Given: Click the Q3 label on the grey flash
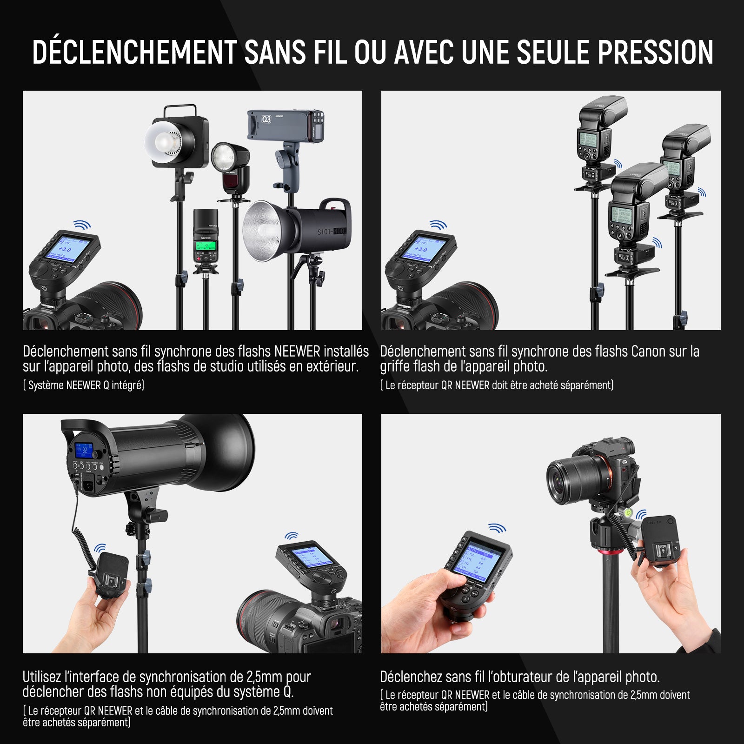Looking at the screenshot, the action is (266, 120).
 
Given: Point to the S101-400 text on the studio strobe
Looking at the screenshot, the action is (332, 232).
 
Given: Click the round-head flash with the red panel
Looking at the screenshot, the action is (231, 168).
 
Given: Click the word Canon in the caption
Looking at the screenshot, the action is (649, 352).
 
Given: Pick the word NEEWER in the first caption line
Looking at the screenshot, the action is (297, 352).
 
